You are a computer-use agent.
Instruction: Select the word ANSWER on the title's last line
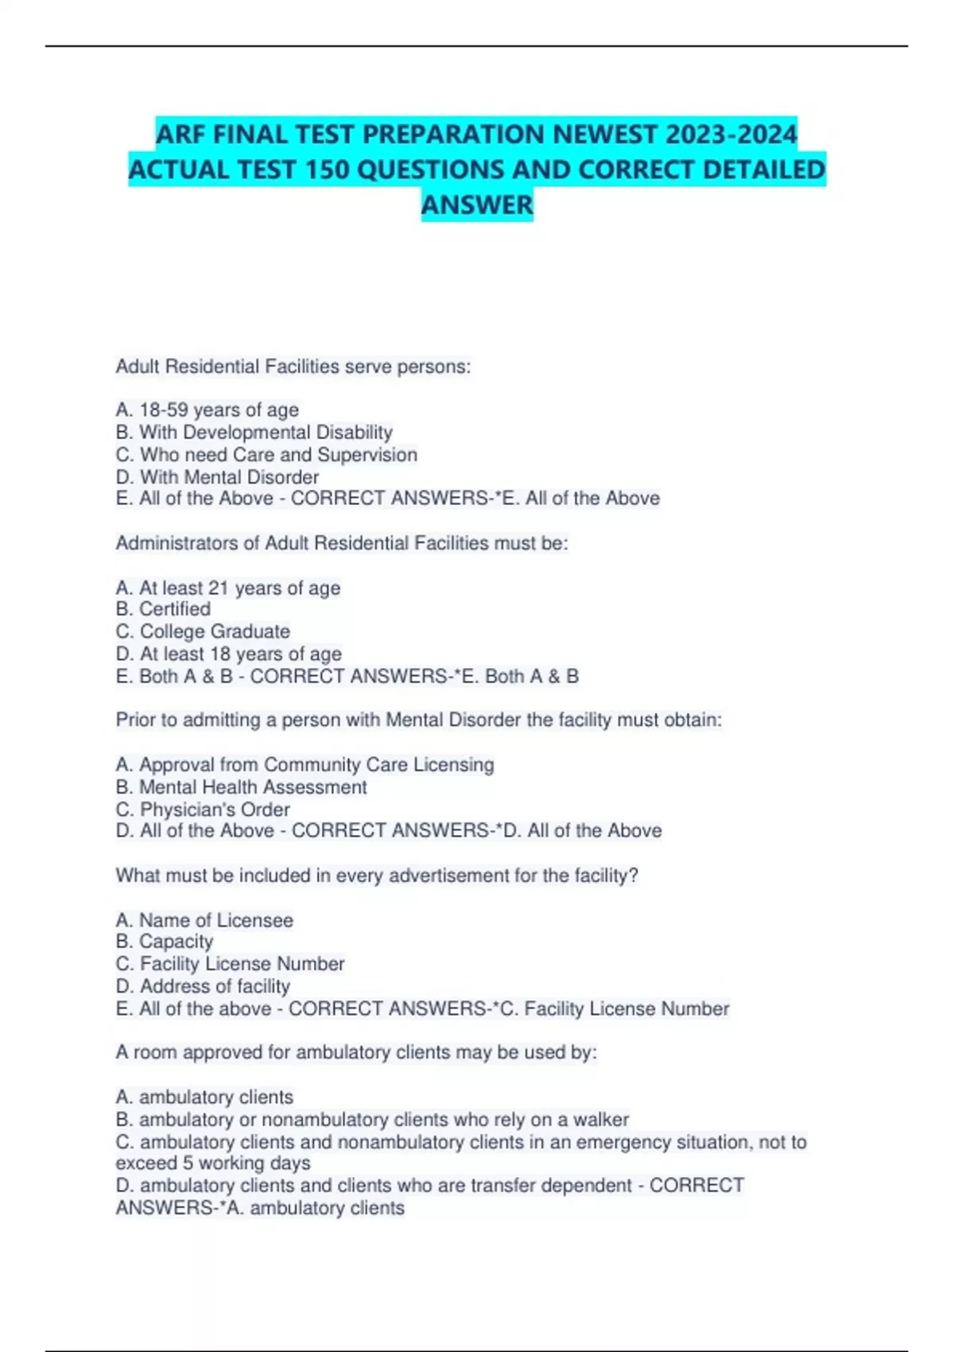pos(477,205)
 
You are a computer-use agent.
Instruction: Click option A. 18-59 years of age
pos(207,410)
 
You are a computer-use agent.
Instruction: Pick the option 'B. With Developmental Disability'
pos(254,432)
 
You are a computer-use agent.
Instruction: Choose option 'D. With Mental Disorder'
pos(217,477)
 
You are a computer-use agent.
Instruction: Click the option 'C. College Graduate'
pos(203,631)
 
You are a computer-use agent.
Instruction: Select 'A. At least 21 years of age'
pos(228,588)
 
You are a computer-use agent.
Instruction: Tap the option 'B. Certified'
pos(163,609)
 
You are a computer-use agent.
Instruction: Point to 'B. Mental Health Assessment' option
pos(242,787)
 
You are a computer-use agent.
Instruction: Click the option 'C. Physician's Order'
pos(203,810)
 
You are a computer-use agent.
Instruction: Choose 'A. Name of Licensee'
pos(204,920)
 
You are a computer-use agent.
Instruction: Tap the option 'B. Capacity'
pos(165,942)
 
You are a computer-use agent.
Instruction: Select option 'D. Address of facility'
pos(203,986)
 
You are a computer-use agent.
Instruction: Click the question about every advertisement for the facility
pos(377,876)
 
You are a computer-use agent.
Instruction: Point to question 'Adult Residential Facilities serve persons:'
pos(293,367)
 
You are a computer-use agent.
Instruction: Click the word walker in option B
pos(601,1120)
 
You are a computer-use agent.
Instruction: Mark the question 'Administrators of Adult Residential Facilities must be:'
pos(342,543)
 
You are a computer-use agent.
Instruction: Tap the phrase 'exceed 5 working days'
pos(213,1164)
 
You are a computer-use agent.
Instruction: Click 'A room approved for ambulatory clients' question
pos(356,1053)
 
